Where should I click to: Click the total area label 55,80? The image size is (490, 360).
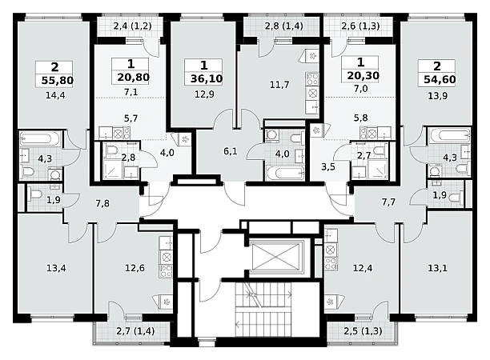click(x=58, y=81)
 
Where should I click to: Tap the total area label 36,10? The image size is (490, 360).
click(x=207, y=78)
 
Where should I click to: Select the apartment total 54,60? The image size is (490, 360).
click(x=440, y=79)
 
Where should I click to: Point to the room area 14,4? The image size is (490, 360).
click(x=55, y=95)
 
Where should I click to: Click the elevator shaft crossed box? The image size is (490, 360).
click(x=276, y=257)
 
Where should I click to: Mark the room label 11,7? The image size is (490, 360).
click(x=279, y=85)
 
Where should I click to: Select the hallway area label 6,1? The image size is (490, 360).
click(x=231, y=151)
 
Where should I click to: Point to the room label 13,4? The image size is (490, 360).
click(x=56, y=268)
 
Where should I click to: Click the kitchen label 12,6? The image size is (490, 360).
click(x=135, y=268)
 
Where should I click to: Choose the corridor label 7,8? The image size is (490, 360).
click(x=102, y=203)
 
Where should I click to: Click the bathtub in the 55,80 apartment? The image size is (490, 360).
click(x=40, y=138)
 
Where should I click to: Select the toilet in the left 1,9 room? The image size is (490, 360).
click(x=35, y=194)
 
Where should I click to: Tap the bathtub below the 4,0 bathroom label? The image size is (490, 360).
click(x=285, y=173)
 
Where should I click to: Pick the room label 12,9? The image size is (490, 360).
click(x=204, y=94)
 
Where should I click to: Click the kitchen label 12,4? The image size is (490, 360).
click(x=363, y=268)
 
